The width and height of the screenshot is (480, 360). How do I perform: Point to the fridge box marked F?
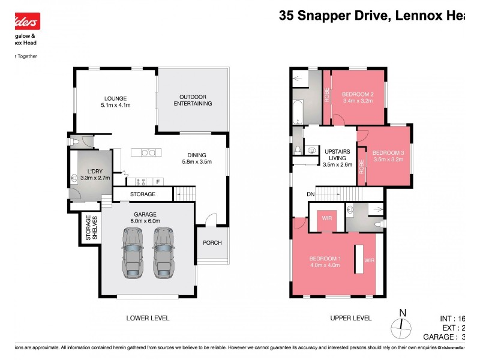tap(158, 181)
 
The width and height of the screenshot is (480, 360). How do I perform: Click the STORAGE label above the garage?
tap(143, 194)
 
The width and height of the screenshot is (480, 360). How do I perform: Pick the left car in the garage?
tap(132, 252)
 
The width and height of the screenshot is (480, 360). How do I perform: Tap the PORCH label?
tap(212, 243)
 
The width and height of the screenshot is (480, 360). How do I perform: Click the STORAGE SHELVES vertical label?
tap(91, 227)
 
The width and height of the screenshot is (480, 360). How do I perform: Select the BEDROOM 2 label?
tap(358, 94)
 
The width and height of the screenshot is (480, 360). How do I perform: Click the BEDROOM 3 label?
tap(388, 153)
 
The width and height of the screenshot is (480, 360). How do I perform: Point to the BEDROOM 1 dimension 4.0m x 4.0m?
tap(325, 265)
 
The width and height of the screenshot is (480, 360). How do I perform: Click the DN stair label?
tap(310, 194)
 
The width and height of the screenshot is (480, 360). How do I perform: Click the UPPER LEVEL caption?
tap(351, 318)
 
